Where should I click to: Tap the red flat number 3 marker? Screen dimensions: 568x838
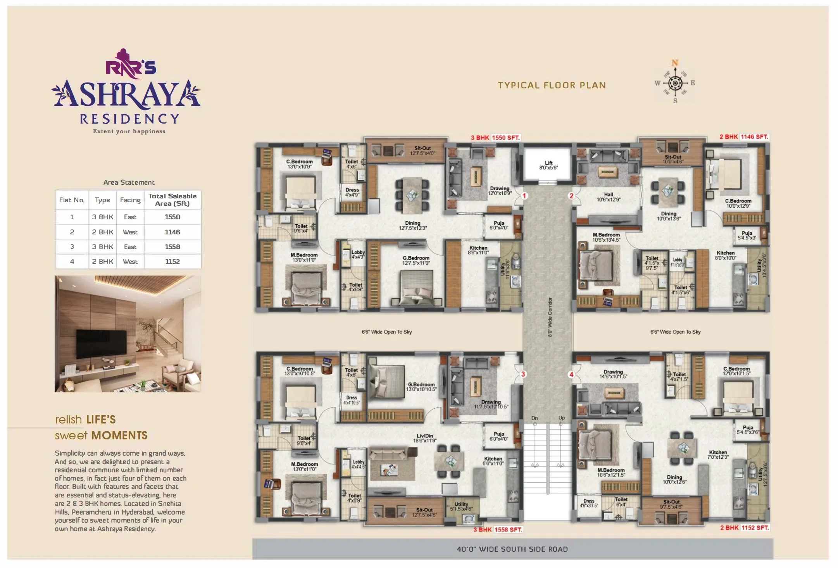pos(523,374)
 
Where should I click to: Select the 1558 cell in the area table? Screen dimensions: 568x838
pos(172,247)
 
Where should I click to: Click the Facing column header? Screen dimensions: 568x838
pos(130,200)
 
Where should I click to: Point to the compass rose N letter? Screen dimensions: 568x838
pos(675,63)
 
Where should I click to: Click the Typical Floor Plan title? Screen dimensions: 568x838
pos(552,85)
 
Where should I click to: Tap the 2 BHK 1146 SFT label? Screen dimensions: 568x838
pos(743,137)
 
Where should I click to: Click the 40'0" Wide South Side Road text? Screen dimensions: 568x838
pos(512,549)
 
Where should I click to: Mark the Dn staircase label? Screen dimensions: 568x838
pos(535,418)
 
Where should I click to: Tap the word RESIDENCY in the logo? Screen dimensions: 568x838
pos(129,119)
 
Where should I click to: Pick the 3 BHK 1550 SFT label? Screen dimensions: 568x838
pos(495,138)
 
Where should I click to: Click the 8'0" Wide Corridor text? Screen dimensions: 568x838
pos(550,317)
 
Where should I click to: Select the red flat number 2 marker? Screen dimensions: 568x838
pos(571,196)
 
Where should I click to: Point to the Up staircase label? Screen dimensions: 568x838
pos(562,418)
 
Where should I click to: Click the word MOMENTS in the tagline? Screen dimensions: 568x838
pos(119,435)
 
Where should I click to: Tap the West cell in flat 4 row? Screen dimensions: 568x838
pos(130,262)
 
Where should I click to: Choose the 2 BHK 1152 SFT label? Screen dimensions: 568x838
pos(744,528)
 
